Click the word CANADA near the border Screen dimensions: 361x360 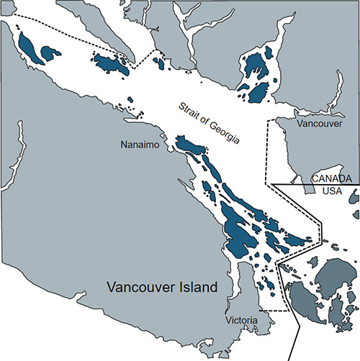(331, 178)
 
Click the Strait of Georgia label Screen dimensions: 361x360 (209, 123)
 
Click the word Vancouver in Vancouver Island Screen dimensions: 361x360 (136, 288)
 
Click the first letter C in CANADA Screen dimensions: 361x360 (314, 178)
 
